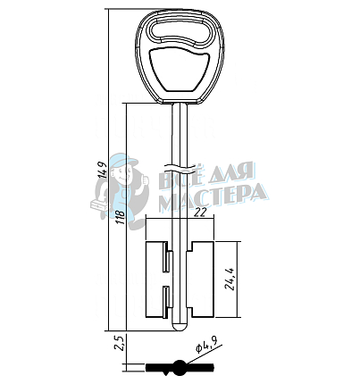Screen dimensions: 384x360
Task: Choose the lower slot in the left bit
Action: point(166,296)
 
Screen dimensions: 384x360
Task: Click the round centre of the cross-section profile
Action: point(180,366)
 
